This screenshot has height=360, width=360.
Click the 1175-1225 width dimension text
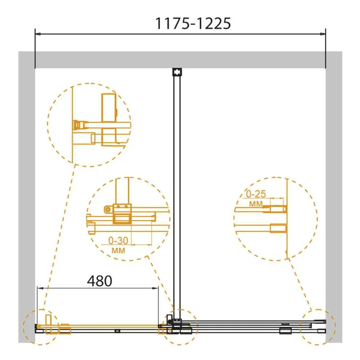(x=193, y=23)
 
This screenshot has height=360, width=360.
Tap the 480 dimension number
(x=99, y=281)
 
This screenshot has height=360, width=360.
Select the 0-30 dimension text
(x=118, y=240)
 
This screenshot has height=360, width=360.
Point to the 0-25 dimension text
(x=256, y=194)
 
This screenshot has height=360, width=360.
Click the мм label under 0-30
(x=118, y=250)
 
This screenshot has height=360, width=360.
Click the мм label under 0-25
(x=256, y=204)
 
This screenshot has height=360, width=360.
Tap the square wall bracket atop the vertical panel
(x=177, y=72)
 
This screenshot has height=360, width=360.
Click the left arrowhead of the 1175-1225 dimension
(x=38, y=34)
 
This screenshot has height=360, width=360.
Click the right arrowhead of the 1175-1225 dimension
(x=323, y=34)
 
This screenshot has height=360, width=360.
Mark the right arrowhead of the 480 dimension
(x=156, y=288)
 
